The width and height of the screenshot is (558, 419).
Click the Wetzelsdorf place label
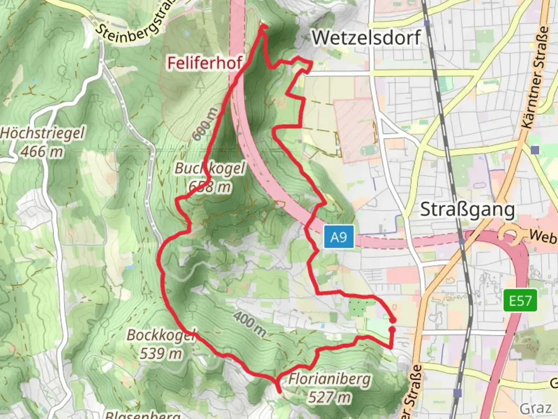pos(366,38)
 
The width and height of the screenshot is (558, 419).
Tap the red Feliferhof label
pos(205,62)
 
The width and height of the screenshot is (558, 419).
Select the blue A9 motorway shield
pos(339,237)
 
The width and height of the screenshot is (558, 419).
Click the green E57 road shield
pos(520,300)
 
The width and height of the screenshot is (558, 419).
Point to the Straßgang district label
pos(467,210)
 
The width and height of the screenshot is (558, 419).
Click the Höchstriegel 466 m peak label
pos(42,142)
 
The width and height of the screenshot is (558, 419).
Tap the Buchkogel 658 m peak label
pos(210,177)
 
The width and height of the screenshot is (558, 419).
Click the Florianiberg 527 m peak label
pos(329,387)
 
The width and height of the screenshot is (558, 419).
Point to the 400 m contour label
pos(250,324)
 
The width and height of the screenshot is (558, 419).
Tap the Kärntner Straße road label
pos(536,78)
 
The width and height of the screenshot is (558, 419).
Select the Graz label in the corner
pos(536,408)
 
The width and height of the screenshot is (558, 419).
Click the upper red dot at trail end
pos(393,320)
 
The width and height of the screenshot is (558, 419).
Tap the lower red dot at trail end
pos(392,330)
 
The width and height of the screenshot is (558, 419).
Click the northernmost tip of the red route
pos(263,26)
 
